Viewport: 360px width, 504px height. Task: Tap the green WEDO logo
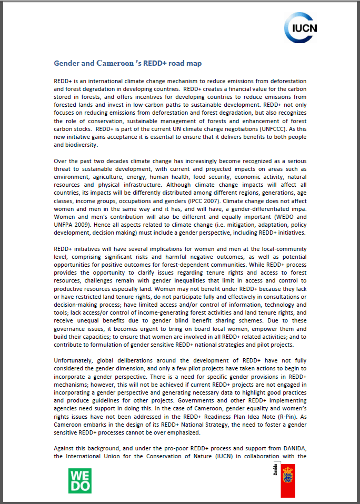(x=79, y=481)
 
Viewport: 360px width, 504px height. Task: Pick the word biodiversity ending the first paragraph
(x=78, y=145)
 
